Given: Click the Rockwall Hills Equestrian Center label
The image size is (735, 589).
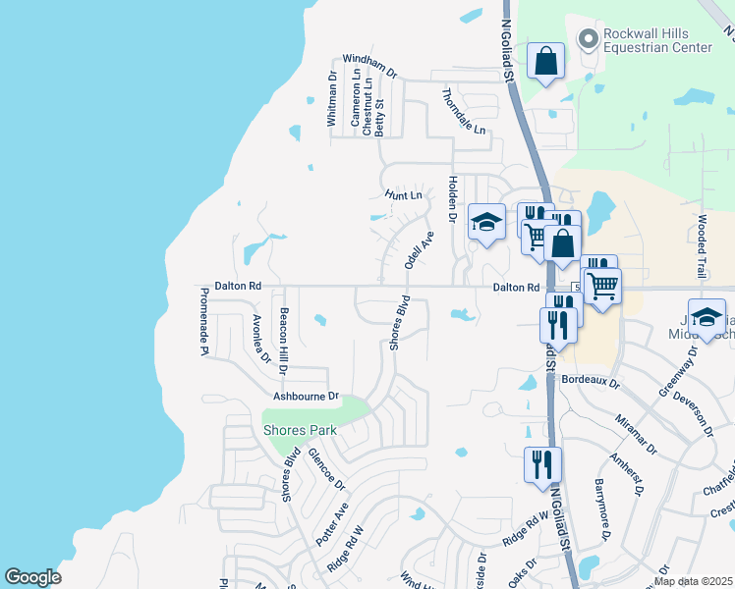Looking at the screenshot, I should pos(657,39).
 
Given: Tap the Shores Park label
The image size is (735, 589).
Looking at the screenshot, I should pos(300,430).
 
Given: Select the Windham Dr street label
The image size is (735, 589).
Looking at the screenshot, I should pos(369,67).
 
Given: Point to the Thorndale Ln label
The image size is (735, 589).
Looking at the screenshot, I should pos(464,112).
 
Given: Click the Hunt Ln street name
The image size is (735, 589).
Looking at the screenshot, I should pos(403,195).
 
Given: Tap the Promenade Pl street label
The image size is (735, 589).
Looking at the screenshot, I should pos(203,320).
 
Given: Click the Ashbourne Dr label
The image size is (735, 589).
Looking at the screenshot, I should pos(306,396).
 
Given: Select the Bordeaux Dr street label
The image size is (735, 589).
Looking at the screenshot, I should pos(591,378).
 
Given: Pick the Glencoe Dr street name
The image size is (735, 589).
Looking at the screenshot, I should pos(326,469).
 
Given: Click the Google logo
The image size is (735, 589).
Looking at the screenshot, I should pos(32,577).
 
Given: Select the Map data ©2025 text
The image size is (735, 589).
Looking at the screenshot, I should pos(693,581).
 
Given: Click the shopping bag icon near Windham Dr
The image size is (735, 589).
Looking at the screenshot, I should pos(545,62).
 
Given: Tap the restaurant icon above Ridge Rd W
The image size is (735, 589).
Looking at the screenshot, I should pos(541,465).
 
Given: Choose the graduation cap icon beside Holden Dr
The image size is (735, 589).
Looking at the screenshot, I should pos(485,222).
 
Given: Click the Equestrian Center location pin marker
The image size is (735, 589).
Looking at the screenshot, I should pos(589,39).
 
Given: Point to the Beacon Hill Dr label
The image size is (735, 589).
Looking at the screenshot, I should pos(283,338).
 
